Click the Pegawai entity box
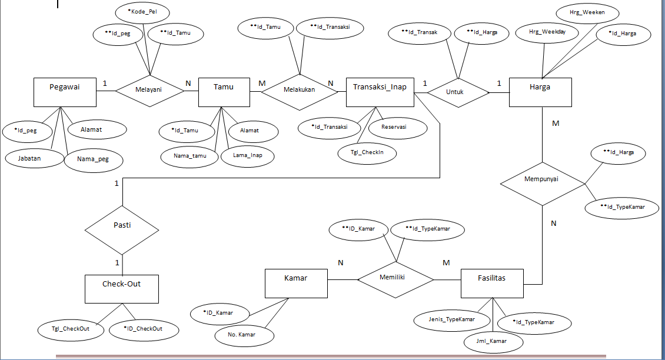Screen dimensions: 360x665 64,92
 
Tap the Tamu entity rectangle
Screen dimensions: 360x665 223,92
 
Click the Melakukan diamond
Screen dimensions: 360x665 299,91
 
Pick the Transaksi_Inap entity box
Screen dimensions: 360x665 380,91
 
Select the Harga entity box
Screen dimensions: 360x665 540,92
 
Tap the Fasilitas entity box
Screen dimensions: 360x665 492,284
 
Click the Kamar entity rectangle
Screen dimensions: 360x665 296,283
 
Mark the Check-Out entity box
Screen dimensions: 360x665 122,289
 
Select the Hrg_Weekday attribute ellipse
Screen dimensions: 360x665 547,34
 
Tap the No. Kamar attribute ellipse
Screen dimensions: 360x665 244,335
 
